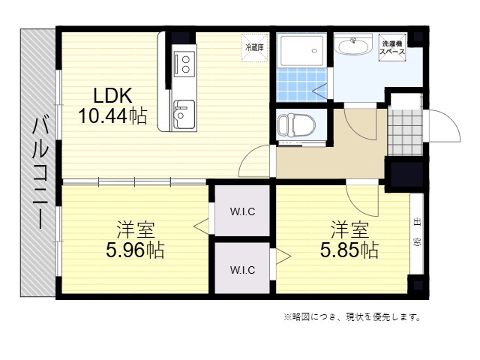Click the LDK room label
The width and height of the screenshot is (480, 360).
pyautogui.click(x=112, y=95)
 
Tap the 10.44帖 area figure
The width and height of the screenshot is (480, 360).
pyautogui.click(x=112, y=115)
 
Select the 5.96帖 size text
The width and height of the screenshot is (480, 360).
pyautogui.click(x=135, y=250)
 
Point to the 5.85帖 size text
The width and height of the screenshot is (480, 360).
pyautogui.click(x=349, y=250)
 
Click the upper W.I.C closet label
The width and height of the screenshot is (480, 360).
pyautogui.click(x=242, y=211)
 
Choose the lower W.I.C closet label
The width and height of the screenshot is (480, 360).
pyautogui.click(x=242, y=270)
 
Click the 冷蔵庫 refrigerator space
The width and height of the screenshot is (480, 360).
pyautogui.click(x=255, y=48)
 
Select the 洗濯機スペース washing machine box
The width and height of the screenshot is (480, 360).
pyautogui.click(x=392, y=48)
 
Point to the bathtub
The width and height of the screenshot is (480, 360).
pyautogui.click(x=301, y=50)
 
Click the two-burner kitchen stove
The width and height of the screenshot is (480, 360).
pyautogui.click(x=184, y=64)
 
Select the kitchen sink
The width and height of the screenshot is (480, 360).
pyautogui.click(x=184, y=115)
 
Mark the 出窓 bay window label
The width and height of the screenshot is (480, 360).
pyautogui.click(x=417, y=232)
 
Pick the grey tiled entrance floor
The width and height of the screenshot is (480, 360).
pyautogui.click(x=405, y=132)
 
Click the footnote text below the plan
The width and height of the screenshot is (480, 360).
pyautogui.click(x=352, y=316)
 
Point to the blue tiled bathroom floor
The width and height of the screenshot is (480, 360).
pyautogui.click(x=301, y=85)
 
